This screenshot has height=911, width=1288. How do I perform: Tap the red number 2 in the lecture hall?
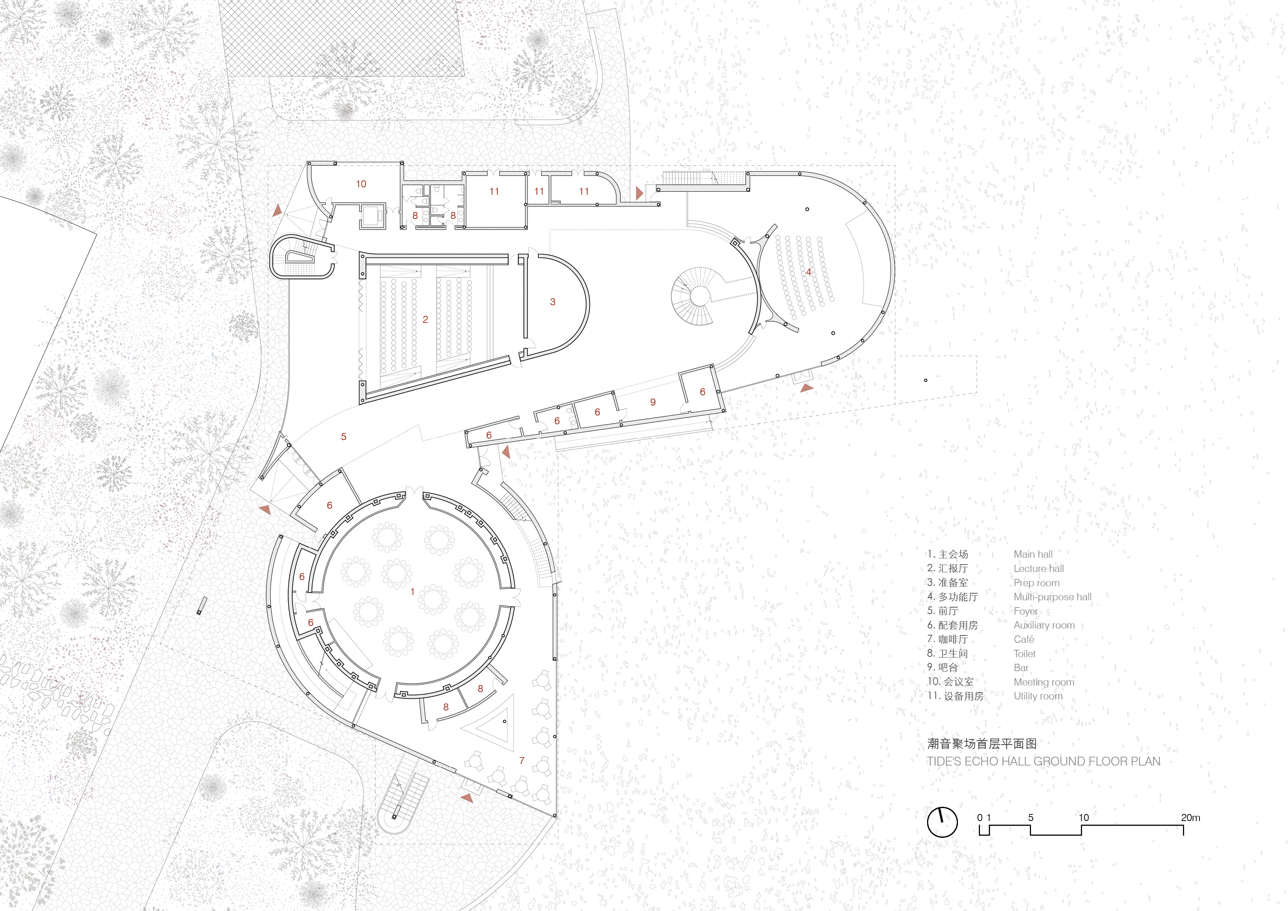click(425, 319)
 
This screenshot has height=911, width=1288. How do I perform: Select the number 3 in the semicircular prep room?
click(553, 302)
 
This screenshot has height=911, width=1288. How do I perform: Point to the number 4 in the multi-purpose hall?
click(808, 272)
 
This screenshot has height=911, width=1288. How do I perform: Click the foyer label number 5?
click(344, 437)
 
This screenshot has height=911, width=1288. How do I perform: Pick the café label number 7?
click(522, 760)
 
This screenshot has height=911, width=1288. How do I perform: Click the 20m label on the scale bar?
click(1190, 818)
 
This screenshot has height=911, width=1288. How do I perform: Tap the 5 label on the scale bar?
click(1031, 818)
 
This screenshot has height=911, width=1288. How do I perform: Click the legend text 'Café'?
click(1024, 639)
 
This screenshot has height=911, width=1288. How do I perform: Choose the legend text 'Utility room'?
click(1038, 696)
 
